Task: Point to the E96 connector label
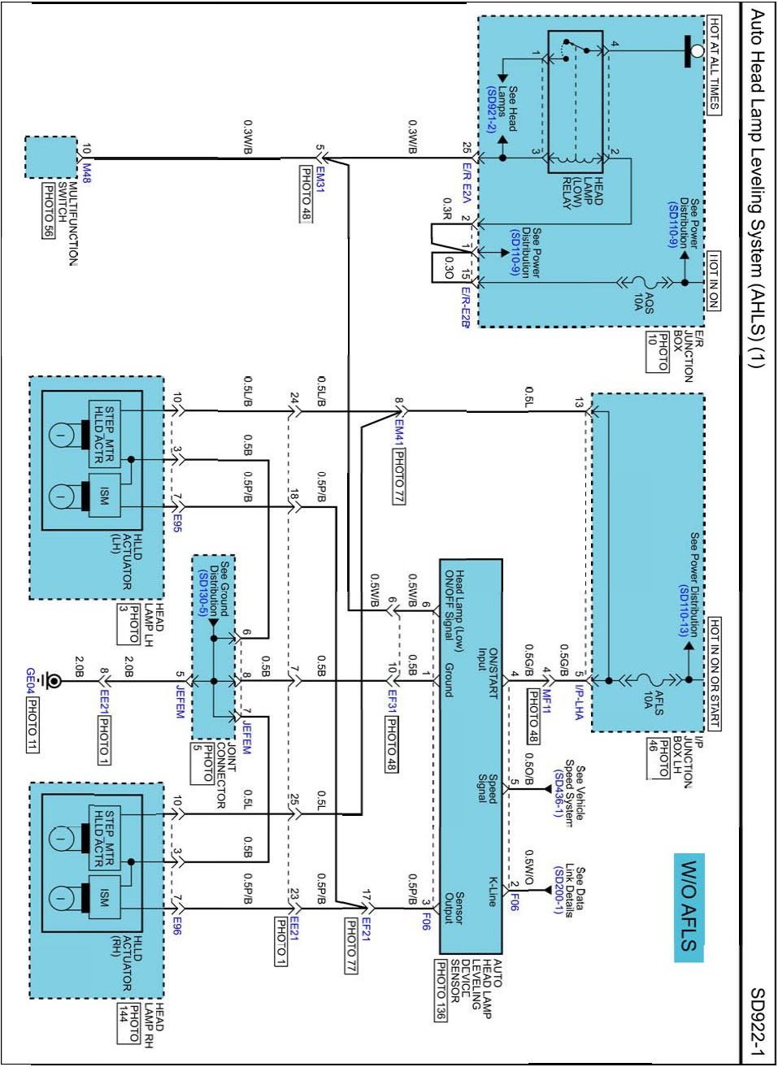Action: (177, 924)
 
